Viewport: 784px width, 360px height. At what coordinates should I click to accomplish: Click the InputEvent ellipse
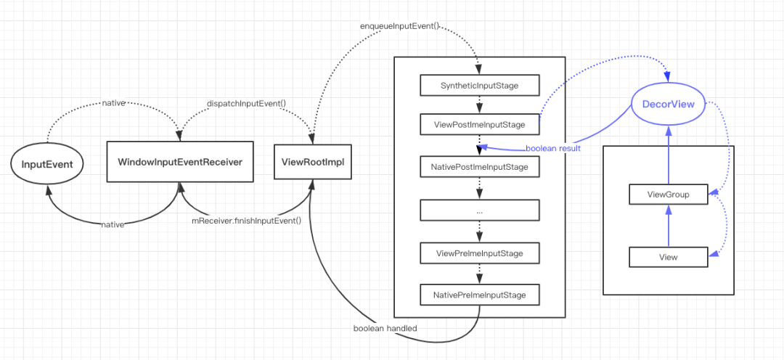click(46, 164)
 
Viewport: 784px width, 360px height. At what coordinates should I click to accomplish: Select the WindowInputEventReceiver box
click(180, 162)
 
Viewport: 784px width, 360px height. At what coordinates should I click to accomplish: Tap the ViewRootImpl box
click(313, 162)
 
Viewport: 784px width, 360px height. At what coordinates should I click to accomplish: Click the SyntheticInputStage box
click(480, 86)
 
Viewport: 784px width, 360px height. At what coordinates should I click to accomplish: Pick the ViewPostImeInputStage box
click(480, 125)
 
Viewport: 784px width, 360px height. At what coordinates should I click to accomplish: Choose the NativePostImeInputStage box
click(480, 166)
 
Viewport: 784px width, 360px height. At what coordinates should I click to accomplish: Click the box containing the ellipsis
click(480, 210)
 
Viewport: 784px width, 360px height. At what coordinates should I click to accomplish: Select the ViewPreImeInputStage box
click(480, 253)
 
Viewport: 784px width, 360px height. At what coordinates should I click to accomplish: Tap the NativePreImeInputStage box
click(480, 295)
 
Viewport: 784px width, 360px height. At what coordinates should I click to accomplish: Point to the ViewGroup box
click(668, 195)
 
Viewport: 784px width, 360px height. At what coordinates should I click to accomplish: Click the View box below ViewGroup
click(668, 258)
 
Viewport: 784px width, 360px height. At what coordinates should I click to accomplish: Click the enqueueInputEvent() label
click(399, 25)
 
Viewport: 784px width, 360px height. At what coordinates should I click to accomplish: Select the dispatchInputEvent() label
click(246, 104)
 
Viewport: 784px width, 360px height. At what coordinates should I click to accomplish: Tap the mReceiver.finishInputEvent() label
click(247, 220)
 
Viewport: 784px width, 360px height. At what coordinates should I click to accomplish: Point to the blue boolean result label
click(553, 149)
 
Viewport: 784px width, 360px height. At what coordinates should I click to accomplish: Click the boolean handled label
click(385, 329)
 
